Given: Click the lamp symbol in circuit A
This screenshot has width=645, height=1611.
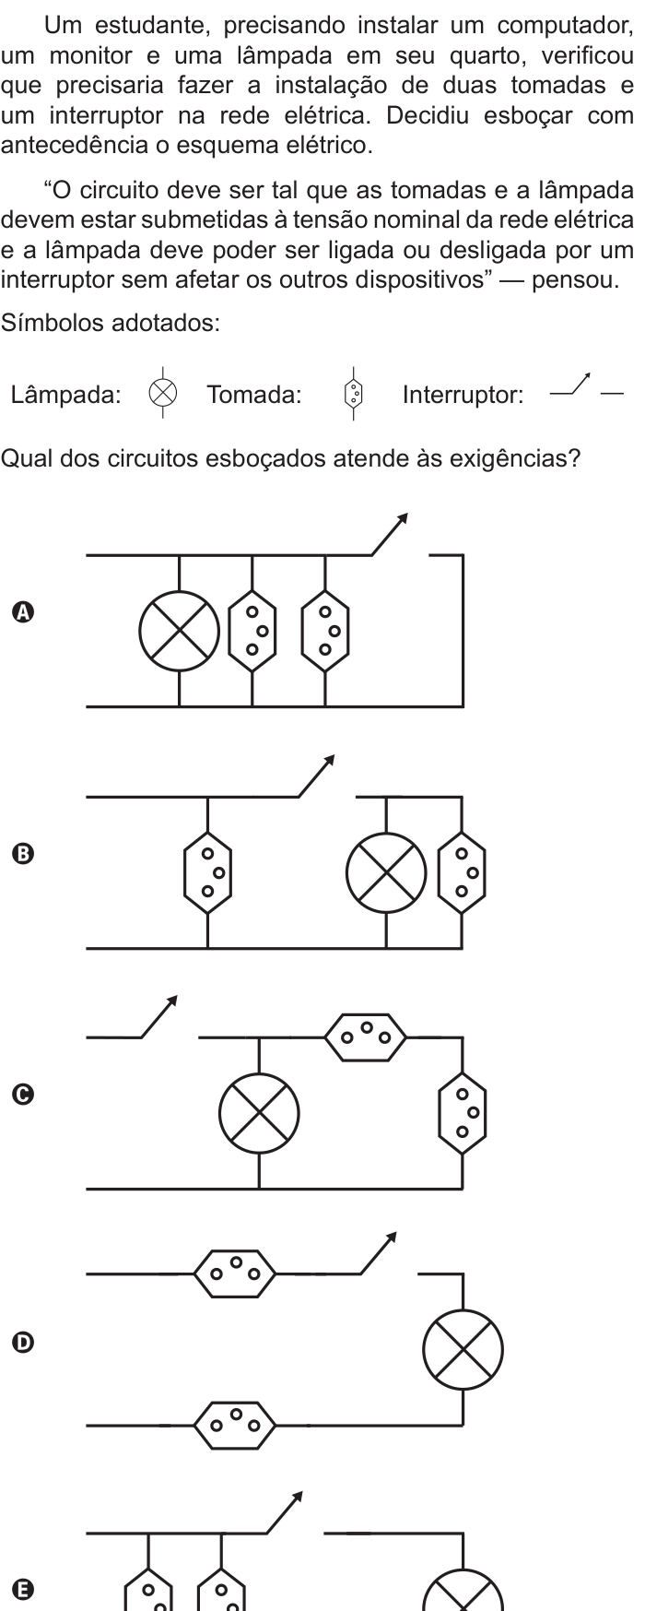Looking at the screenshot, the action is click(180, 633).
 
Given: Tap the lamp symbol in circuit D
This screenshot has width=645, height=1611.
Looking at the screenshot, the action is click(463, 1349).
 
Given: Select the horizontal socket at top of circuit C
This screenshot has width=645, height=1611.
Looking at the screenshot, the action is click(366, 1037).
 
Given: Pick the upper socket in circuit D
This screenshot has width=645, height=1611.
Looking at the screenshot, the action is click(235, 1274).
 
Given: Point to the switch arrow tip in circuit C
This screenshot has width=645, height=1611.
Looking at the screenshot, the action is click(174, 998).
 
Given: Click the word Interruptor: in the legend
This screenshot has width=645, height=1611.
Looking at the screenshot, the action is click(463, 396).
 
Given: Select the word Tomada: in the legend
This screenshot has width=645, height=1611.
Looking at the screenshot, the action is click(253, 396).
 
